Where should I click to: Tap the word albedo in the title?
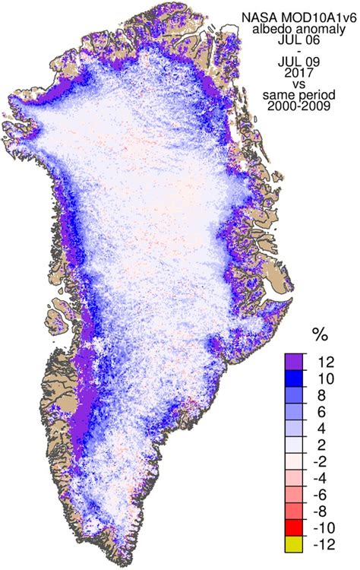[278, 28]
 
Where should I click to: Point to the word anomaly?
[320, 28]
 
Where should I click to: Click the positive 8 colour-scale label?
[328, 394]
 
